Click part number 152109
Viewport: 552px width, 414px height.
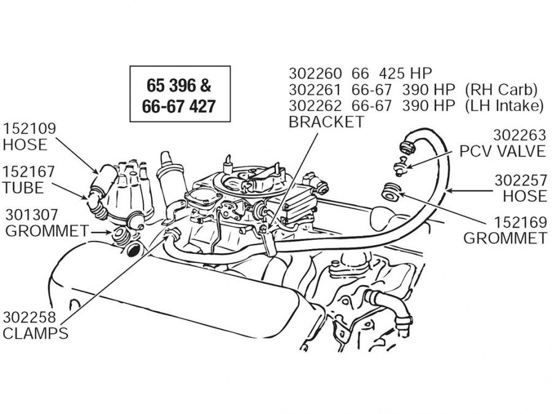coord(29,129)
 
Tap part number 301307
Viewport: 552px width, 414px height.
coord(31,215)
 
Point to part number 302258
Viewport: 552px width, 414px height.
coord(29,318)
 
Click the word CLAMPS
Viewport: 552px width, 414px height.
coord(36,334)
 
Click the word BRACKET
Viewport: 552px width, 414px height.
coord(326,121)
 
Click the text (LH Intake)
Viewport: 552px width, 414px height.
coord(505,105)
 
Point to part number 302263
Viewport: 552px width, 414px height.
coord(520,135)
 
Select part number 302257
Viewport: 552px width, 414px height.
coord(520,180)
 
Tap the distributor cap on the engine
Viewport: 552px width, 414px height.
coord(123,190)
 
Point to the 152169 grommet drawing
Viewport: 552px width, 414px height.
coord(390,193)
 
